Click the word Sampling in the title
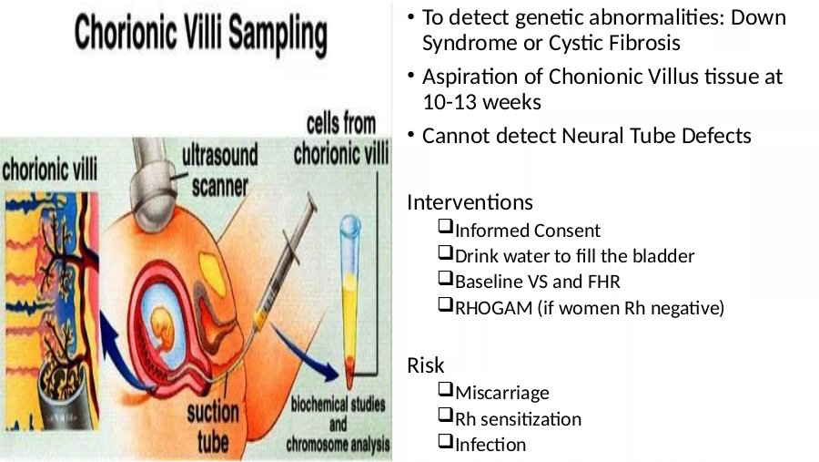[278, 35]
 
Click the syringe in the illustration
[284, 264]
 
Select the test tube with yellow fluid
[350, 301]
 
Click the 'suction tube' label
[213, 427]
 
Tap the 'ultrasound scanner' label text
[220, 170]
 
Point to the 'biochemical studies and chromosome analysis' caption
[338, 425]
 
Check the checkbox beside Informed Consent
[445, 227]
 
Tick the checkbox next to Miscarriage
[445, 389]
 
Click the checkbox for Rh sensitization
[445, 415]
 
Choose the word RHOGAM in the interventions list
[493, 308]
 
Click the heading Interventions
[470, 202]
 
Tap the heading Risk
[425, 365]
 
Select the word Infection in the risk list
[490, 445]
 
